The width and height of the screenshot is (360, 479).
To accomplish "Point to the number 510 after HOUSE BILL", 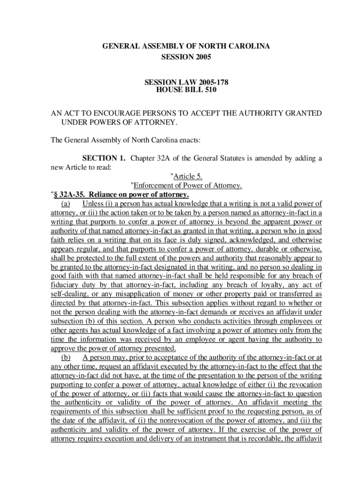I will pos(210,90).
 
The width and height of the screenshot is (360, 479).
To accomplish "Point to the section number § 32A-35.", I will pos(69,195).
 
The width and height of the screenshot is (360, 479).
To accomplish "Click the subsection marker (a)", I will pos(65,203).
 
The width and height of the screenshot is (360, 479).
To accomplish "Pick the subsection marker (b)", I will pos(65,358).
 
